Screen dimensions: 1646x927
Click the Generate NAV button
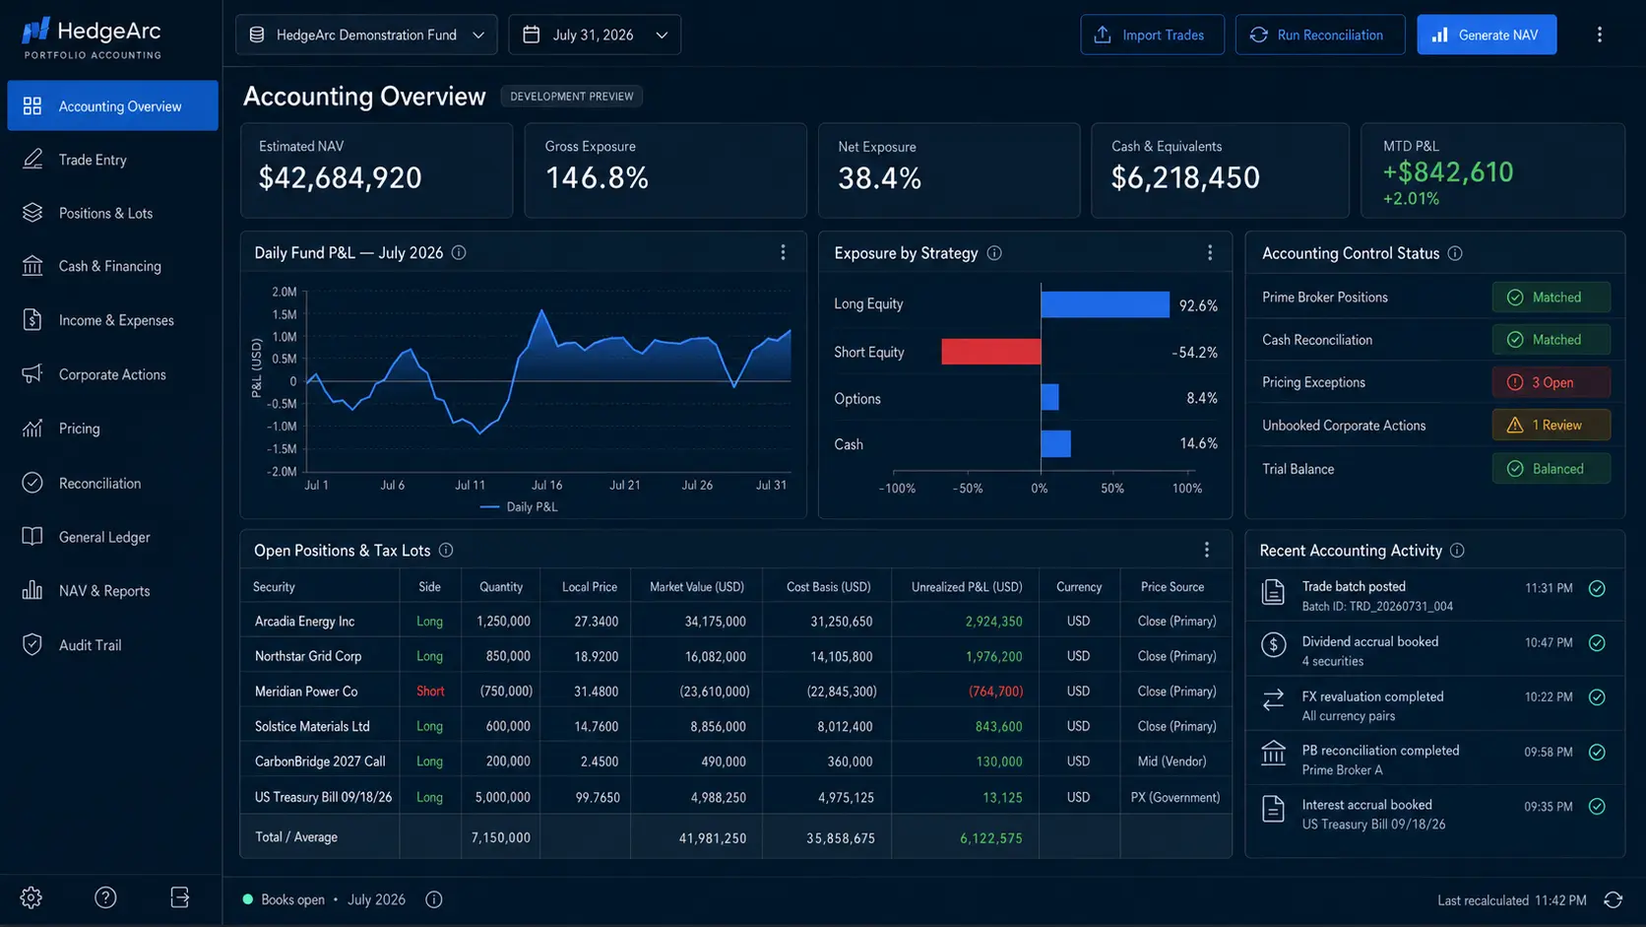coord(1486,34)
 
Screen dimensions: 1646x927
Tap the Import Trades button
coord(1152,34)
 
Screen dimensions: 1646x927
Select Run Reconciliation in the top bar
coord(1320,34)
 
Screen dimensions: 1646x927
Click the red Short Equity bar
coord(990,352)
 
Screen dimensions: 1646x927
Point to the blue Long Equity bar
coord(1105,304)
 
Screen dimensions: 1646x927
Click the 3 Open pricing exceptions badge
coord(1551,382)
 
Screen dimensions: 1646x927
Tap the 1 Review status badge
coord(1551,425)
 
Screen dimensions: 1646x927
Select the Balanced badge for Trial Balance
coord(1551,468)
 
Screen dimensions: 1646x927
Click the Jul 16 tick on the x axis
coord(546,486)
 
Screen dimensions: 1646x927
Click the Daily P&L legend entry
coord(519,506)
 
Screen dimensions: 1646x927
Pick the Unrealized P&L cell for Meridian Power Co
coord(995,691)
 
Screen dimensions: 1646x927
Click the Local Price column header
coord(589,586)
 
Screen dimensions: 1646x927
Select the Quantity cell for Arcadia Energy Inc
coord(503,622)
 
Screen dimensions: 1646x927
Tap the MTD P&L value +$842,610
coord(1447,172)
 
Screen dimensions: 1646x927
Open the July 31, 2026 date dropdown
coord(595,34)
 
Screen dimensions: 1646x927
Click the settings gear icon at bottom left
coord(31,897)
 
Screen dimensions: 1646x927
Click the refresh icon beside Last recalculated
coord(1613,899)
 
